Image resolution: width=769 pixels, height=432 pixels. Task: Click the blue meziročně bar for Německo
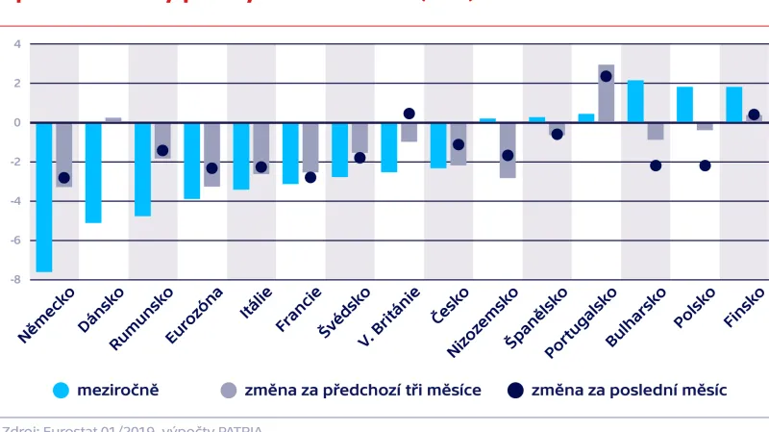pos(44,197)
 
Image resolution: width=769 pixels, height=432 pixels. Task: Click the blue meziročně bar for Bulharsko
pos(635,101)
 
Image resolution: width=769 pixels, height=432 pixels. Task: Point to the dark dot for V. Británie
pos(409,114)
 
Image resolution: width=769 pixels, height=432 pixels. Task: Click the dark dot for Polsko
pos(705,165)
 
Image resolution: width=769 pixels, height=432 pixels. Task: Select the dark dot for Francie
pos(310,177)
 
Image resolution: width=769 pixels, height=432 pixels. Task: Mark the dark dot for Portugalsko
pos(606,76)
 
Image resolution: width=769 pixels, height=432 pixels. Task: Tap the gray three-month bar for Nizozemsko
pos(508,150)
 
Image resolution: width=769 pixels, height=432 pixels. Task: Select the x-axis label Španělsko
pos(536,318)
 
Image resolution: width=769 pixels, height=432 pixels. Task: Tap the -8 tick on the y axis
pos(17,280)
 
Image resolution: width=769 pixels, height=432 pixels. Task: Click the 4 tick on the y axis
pos(17,44)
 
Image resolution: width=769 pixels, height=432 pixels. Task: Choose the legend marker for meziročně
pos(62,390)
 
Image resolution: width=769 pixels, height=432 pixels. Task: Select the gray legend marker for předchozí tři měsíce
pos(228,390)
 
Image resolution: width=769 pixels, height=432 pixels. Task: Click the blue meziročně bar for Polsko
pos(684,105)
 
